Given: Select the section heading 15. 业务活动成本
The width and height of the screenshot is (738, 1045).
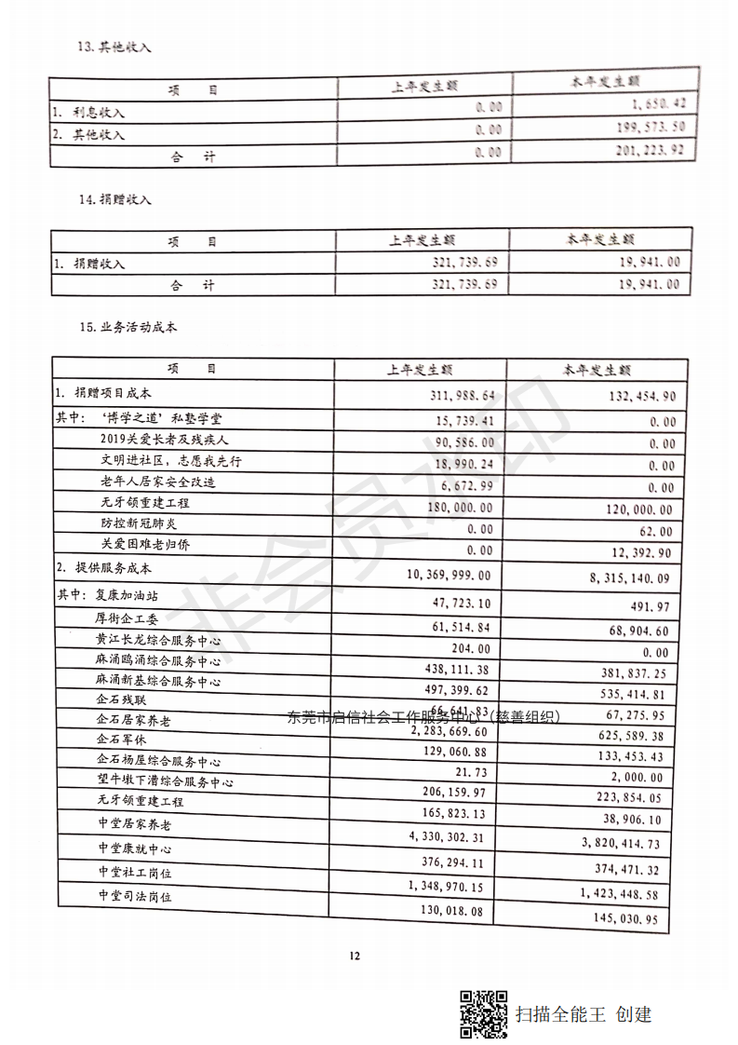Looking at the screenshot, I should (x=128, y=327).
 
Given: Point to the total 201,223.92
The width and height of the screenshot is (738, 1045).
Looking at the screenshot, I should (x=650, y=149).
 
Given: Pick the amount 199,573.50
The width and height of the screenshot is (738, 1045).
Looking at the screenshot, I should (x=651, y=126).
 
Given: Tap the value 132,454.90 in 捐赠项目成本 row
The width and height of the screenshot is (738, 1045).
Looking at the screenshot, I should (x=633, y=397).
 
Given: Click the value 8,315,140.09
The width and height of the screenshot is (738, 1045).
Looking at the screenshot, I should (x=629, y=578).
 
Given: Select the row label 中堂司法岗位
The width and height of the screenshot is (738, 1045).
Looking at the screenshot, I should (x=136, y=896).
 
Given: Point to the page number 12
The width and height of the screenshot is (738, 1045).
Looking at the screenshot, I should (x=354, y=956).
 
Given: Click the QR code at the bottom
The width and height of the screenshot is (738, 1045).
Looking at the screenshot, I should (x=485, y=1013).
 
